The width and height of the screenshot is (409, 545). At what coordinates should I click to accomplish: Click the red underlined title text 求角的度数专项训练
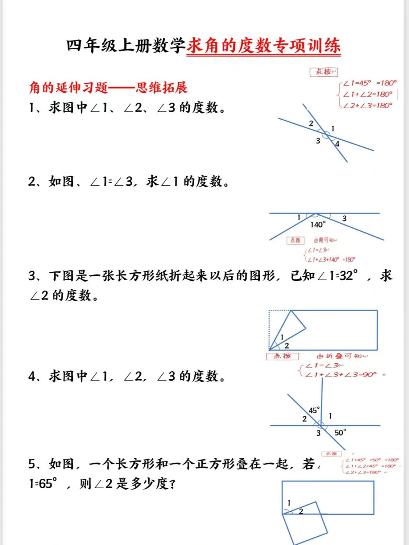tap(263, 46)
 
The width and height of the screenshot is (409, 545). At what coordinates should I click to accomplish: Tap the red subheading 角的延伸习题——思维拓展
tap(108, 88)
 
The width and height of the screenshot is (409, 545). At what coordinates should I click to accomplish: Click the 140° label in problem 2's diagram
tap(317, 225)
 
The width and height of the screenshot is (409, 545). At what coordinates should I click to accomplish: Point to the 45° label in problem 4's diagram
tap(314, 410)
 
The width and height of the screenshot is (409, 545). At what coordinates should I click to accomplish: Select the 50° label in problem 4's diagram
tap(340, 433)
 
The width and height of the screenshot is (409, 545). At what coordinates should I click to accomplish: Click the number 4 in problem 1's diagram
tap(337, 144)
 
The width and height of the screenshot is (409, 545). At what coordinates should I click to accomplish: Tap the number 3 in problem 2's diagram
tap(344, 218)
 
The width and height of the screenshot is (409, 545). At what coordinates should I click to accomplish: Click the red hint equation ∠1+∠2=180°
tap(368, 94)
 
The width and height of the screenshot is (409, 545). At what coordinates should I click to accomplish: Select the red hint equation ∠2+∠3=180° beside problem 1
tap(368, 106)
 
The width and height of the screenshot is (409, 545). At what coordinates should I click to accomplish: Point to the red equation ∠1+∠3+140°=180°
tap(331, 260)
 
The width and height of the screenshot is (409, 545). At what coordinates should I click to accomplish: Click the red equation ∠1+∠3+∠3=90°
tap(341, 375)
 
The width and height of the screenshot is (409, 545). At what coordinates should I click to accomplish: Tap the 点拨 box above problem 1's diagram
tap(323, 72)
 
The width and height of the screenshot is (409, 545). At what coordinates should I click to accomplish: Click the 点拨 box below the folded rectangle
tap(283, 356)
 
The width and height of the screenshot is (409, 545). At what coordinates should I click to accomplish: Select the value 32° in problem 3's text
tap(348, 276)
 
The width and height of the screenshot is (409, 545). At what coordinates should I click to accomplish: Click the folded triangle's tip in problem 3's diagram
tap(305, 327)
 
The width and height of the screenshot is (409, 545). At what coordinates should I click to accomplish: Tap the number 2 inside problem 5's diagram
tap(301, 511)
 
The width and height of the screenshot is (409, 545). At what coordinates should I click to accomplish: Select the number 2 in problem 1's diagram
tap(311, 123)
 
